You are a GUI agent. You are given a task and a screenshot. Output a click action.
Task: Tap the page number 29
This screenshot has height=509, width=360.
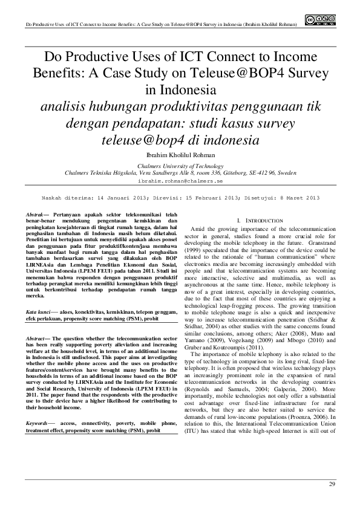click(332, 484)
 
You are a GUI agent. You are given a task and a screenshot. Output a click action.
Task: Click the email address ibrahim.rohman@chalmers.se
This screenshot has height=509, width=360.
click(180, 180)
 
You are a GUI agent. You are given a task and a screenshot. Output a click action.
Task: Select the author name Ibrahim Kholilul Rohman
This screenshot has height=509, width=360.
click(180, 155)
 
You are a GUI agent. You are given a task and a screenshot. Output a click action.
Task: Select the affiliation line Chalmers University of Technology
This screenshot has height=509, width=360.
click(180, 165)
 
